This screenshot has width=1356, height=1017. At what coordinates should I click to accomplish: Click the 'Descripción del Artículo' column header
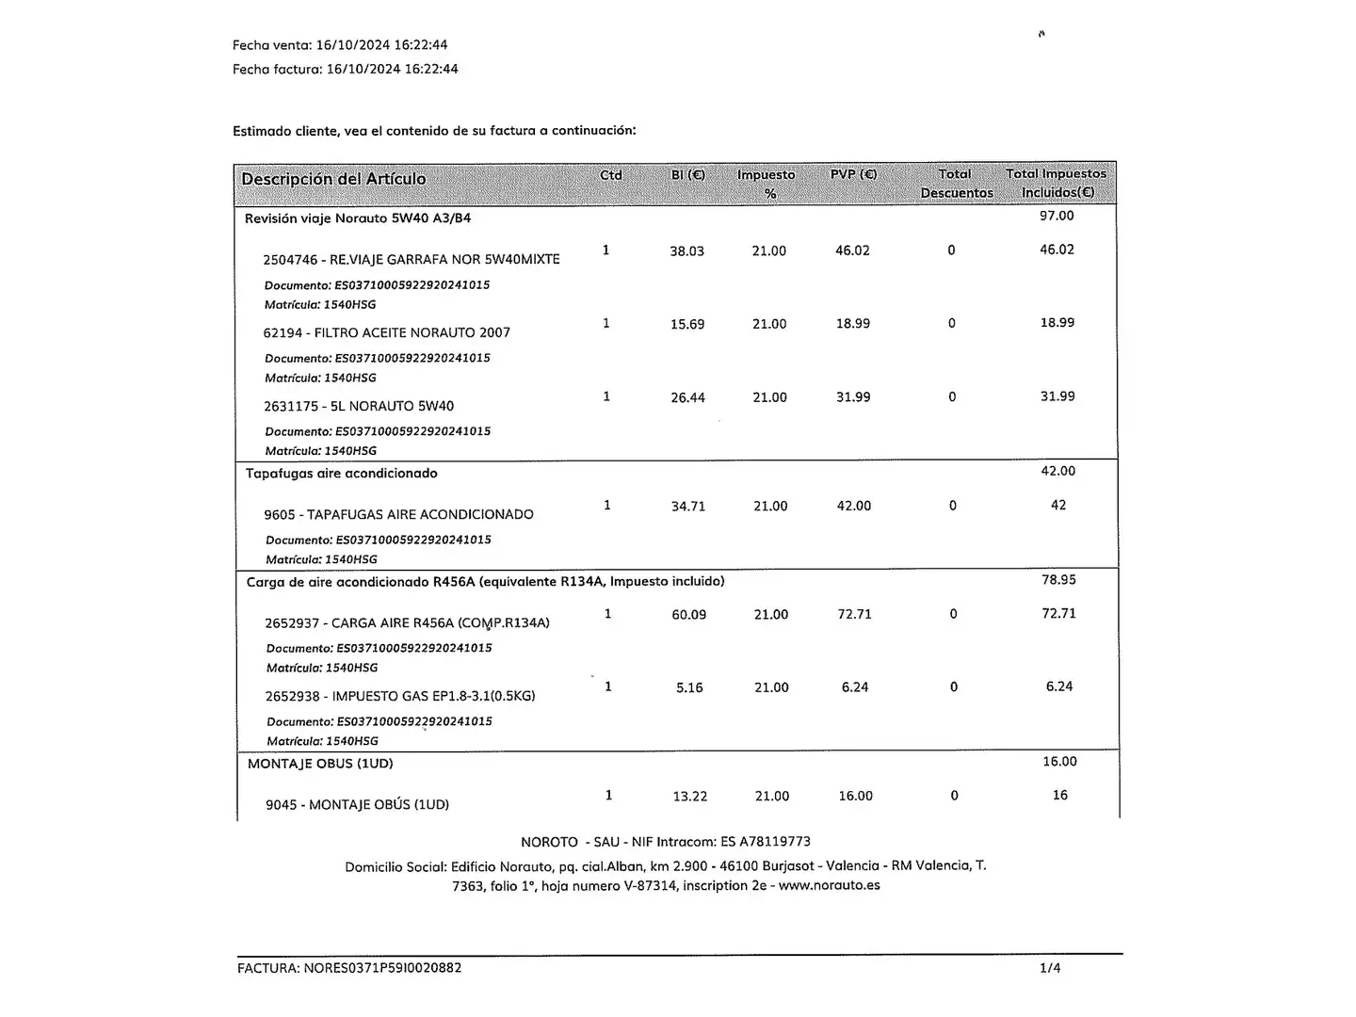(x=333, y=179)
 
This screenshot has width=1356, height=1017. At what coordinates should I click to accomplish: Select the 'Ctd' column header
(x=611, y=175)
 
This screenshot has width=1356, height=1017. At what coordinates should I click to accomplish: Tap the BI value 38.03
(x=686, y=251)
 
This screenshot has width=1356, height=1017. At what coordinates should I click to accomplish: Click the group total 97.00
(x=1057, y=216)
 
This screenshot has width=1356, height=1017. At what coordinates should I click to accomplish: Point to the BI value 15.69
(x=687, y=324)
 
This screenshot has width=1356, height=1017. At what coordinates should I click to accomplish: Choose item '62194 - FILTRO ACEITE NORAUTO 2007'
(x=386, y=332)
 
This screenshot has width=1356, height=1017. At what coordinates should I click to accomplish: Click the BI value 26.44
(x=687, y=397)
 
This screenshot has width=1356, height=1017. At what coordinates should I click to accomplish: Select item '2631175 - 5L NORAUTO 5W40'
(x=359, y=406)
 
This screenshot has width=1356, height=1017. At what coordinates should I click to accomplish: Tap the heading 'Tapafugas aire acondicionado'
(x=342, y=473)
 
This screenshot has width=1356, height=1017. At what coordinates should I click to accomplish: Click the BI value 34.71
(x=688, y=507)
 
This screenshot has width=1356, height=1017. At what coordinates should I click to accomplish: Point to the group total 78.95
(x=1058, y=579)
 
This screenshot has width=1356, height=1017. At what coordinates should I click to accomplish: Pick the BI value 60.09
(x=688, y=615)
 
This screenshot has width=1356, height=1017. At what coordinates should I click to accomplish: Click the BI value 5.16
(x=689, y=687)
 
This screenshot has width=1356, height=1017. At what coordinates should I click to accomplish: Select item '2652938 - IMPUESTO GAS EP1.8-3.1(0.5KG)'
(x=400, y=696)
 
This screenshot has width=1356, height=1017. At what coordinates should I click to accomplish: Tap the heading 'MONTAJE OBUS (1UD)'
(x=320, y=763)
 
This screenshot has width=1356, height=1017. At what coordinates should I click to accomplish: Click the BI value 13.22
(x=690, y=797)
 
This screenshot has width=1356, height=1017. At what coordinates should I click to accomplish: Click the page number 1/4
(x=1050, y=968)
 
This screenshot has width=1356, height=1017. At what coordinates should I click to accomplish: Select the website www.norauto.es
(x=829, y=885)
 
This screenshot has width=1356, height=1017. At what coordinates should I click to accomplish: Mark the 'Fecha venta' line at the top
(x=340, y=44)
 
